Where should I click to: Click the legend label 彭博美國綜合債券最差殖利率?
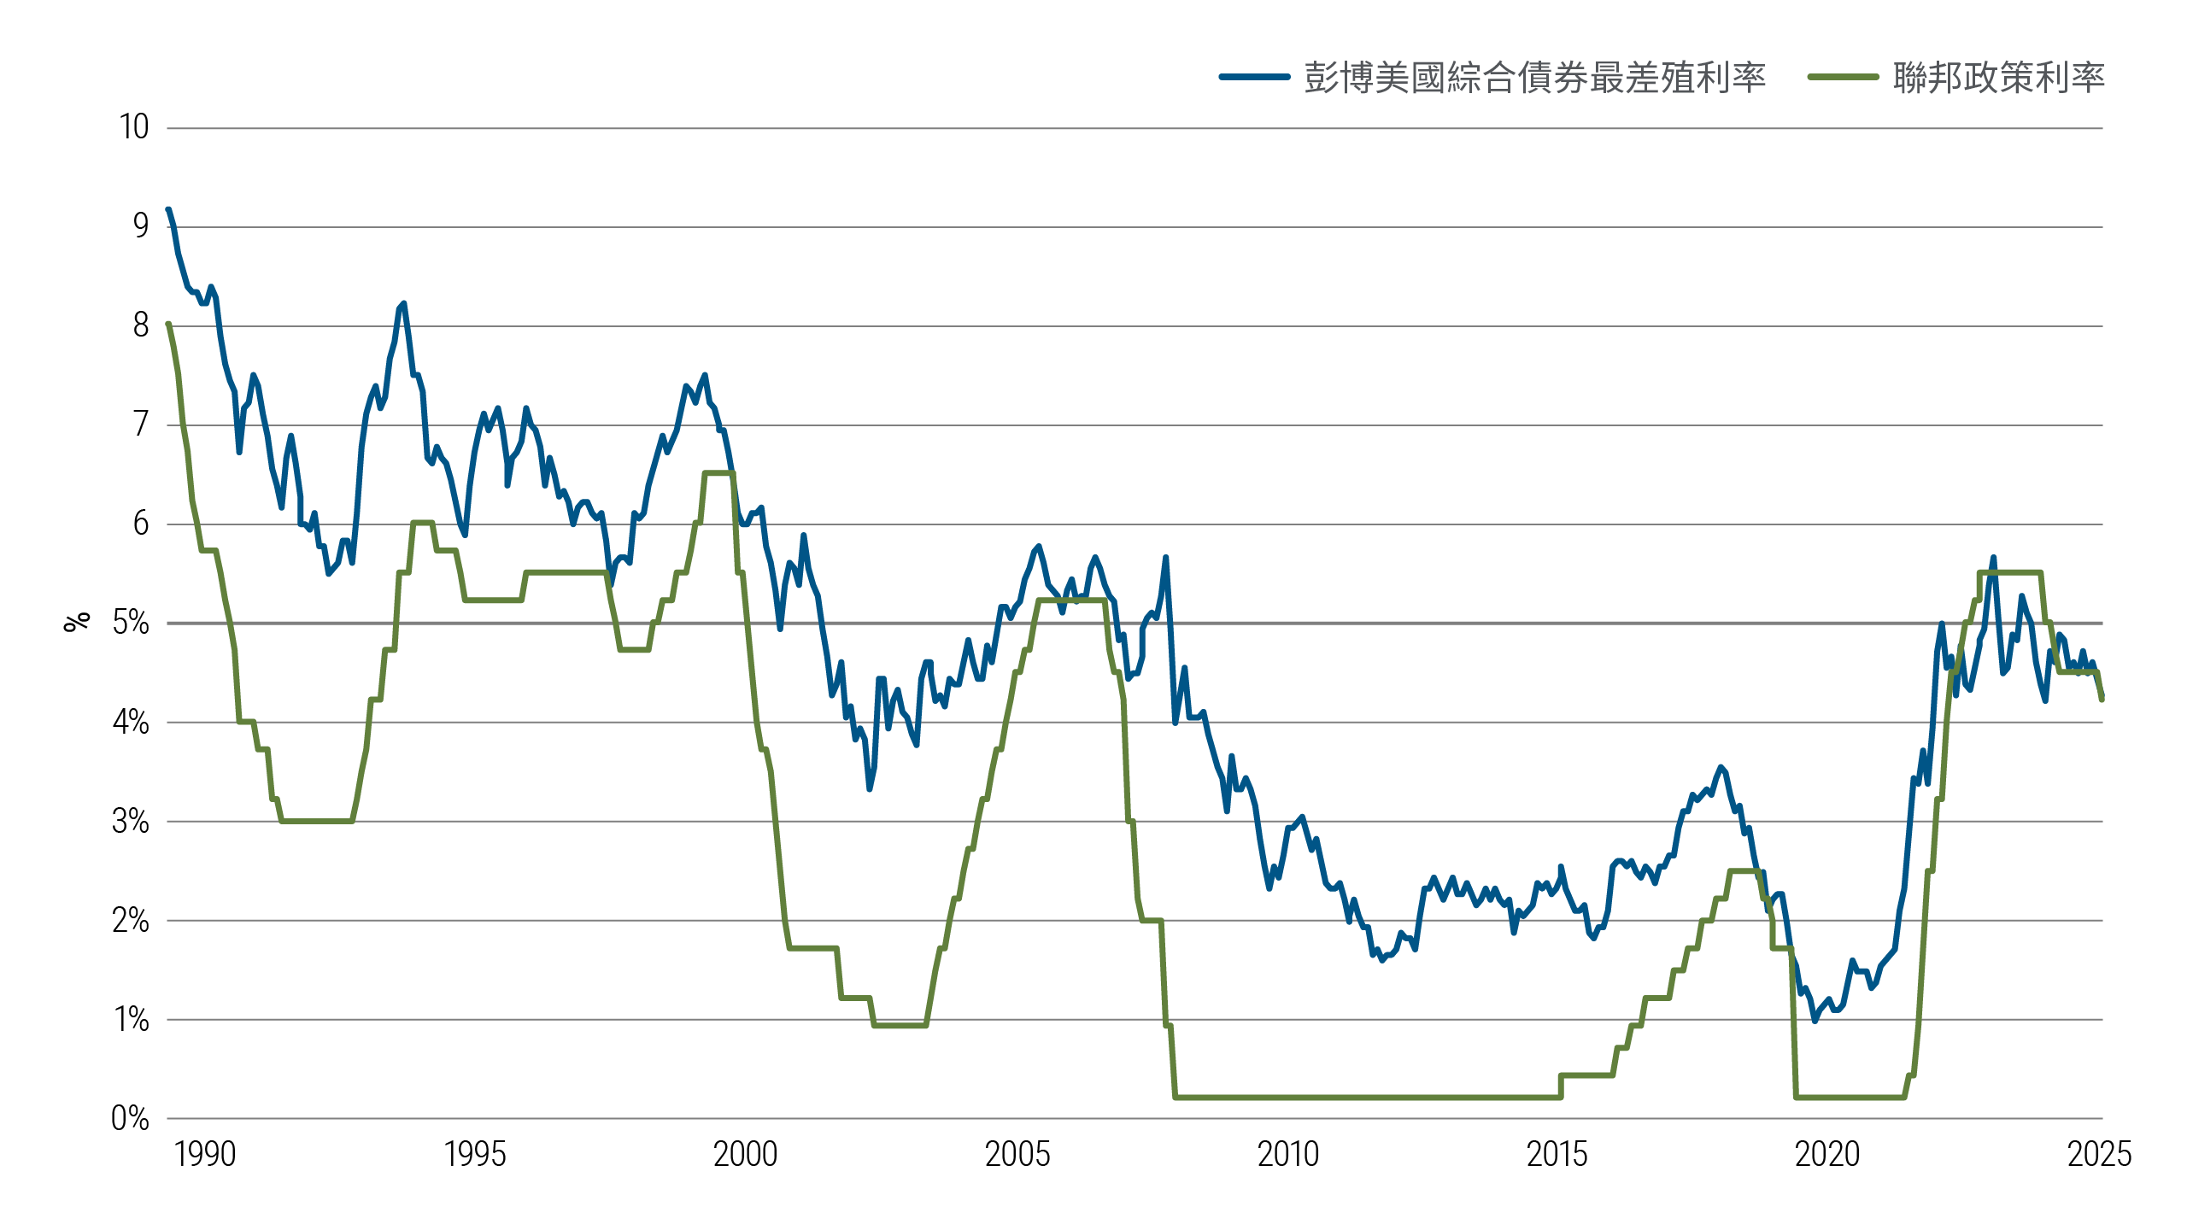click(1534, 78)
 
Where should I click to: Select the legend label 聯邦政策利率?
click(1998, 78)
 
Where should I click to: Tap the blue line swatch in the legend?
click(1254, 77)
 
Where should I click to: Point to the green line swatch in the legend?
click(1843, 77)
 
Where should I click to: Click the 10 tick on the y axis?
click(134, 127)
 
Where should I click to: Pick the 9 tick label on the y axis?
click(141, 226)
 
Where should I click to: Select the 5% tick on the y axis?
click(131, 623)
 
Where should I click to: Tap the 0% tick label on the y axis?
click(130, 1118)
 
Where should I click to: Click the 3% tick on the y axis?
click(131, 821)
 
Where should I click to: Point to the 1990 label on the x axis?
click(205, 1155)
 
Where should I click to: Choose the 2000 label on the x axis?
click(746, 1155)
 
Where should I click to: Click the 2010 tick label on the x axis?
click(1288, 1155)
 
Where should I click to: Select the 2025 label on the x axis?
click(2099, 1155)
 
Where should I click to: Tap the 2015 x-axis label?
click(1557, 1155)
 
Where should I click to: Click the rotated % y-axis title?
click(77, 621)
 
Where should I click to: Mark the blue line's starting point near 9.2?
click(168, 209)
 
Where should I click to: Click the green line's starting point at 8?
click(168, 325)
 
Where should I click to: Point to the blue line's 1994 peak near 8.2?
click(403, 303)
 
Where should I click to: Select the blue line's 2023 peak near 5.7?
click(1993, 558)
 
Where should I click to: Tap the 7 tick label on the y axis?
click(141, 425)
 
